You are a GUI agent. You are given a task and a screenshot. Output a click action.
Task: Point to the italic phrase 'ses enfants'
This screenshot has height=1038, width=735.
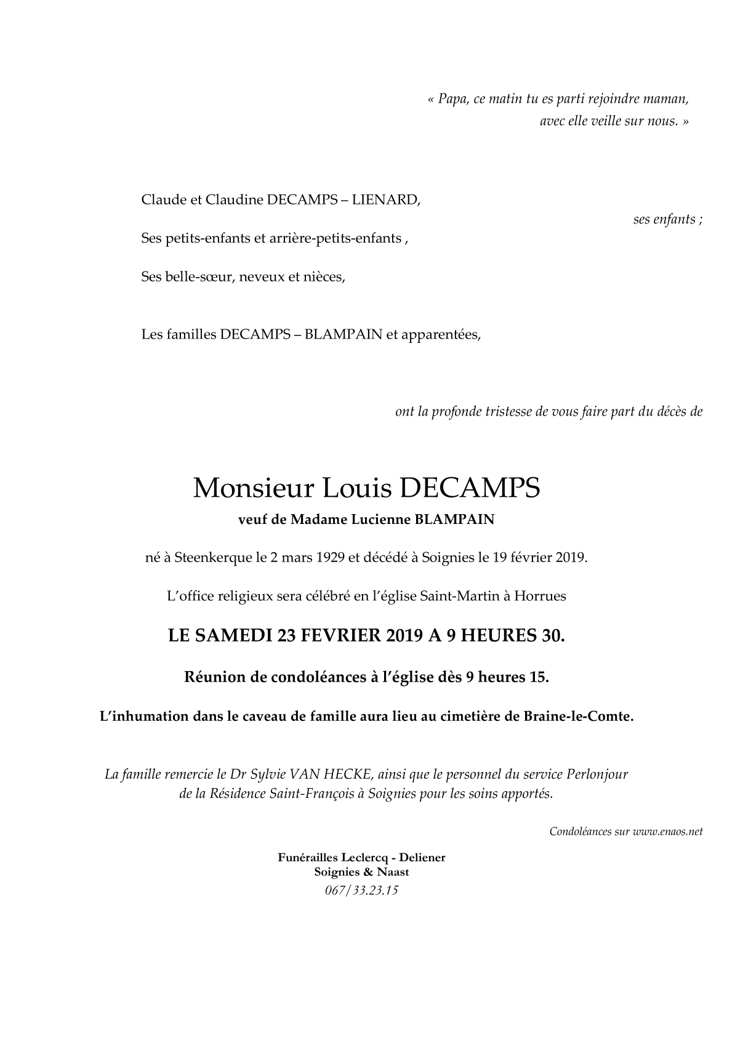(665, 219)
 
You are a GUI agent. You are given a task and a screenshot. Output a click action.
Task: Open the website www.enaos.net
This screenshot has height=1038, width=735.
(667, 832)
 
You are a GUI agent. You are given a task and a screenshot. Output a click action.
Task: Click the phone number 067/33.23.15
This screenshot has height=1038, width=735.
(361, 890)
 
